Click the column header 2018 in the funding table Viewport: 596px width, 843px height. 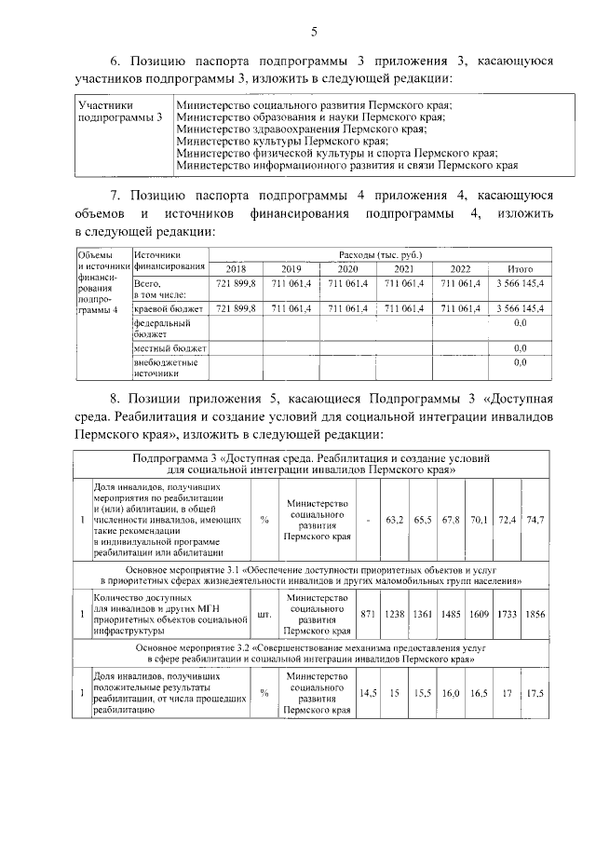237,268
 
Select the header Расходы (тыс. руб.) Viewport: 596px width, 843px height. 383,254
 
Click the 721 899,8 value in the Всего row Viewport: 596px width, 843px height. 237,282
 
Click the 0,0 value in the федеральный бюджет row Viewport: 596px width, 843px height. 520,322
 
